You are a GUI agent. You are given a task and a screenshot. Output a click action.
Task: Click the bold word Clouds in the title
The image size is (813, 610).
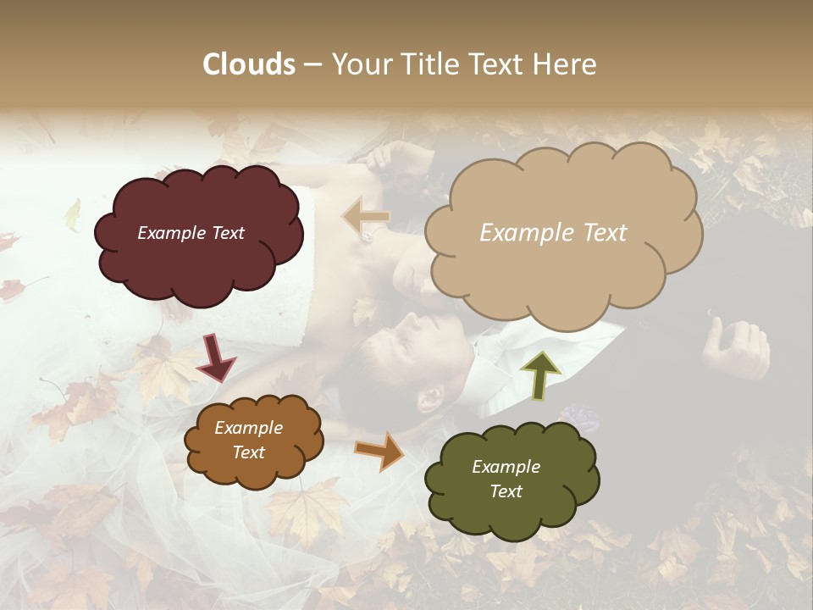point(249,64)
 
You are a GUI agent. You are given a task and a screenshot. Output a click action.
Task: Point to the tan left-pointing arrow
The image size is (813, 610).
point(366,218)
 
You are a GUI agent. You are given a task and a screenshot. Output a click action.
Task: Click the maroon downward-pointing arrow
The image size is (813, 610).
point(216,358)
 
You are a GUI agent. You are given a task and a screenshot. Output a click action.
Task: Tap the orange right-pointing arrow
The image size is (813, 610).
point(379,451)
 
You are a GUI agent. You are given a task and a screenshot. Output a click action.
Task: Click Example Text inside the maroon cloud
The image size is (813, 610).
point(191,233)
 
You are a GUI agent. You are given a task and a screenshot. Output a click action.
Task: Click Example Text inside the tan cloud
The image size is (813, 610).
point(553,233)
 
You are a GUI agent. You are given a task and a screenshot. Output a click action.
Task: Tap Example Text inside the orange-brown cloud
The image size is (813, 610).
point(249,440)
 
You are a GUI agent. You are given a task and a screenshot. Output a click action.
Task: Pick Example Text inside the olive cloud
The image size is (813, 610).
point(506,479)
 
